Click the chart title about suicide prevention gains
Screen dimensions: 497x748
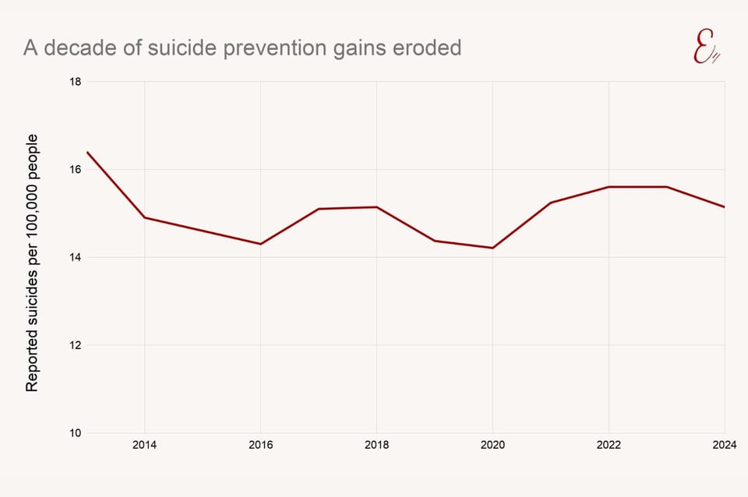(242, 48)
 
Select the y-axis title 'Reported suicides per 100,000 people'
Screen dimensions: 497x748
(32, 263)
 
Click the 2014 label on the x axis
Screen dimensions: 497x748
(144, 446)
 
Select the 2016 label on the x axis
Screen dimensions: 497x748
(260, 446)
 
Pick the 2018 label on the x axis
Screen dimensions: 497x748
(376, 446)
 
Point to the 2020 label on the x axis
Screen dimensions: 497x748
(492, 446)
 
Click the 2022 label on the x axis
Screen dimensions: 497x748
(609, 446)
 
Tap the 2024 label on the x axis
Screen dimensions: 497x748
(725, 446)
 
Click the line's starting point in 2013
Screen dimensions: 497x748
(86, 152)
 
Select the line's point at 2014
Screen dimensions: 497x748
(144, 217)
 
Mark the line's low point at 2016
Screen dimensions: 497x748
(260, 244)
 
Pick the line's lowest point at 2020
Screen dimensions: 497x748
(492, 248)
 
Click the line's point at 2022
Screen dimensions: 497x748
(609, 187)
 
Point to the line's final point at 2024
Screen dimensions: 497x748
(724, 206)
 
